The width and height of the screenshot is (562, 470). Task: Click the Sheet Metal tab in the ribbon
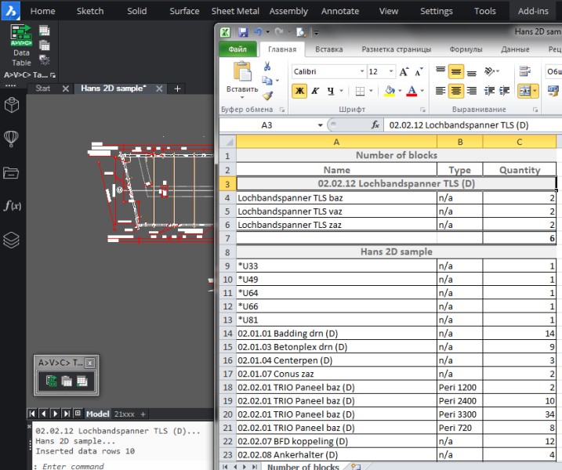tap(235, 11)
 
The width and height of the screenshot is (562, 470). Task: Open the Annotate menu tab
tap(339, 11)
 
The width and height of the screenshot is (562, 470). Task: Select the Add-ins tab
tap(533, 11)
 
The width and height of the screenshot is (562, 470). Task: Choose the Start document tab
tap(42, 89)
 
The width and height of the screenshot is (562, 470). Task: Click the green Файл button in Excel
tap(237, 49)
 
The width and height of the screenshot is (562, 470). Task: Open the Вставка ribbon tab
tap(328, 49)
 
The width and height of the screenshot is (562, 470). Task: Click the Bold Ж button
tap(299, 91)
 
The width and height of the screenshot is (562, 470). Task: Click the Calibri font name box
tap(325, 71)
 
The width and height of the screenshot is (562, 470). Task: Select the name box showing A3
tap(266, 125)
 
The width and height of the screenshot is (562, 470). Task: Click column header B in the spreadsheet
tap(459, 142)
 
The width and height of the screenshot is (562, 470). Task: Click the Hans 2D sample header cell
tap(396, 251)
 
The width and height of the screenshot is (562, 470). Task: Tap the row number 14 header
tap(227, 333)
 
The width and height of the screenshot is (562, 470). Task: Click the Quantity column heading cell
tap(520, 169)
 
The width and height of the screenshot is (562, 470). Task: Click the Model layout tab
tap(98, 414)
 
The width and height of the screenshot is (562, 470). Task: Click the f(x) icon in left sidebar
tap(12, 205)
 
